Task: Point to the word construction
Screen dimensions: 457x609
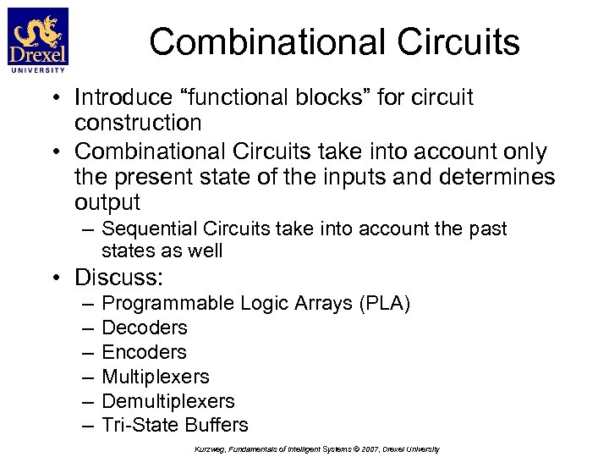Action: coord(138,123)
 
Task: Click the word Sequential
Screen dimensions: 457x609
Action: coord(147,228)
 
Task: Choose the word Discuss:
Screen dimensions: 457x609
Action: coord(119,278)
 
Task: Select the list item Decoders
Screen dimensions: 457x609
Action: coord(145,328)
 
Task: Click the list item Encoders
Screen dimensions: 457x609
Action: coord(144,352)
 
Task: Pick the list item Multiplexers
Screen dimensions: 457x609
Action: coord(156,377)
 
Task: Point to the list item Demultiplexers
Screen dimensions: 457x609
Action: coord(168,401)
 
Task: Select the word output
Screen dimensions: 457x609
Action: coord(107,202)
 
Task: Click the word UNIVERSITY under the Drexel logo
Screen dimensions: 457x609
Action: coord(37,70)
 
